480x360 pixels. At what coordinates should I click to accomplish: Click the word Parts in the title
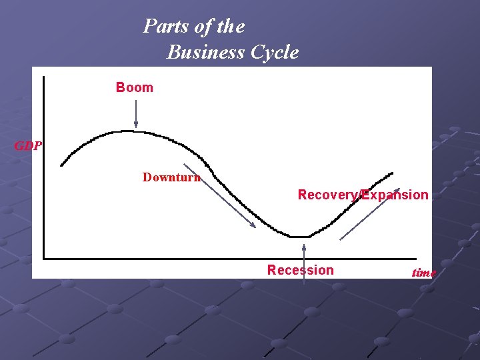[161, 27]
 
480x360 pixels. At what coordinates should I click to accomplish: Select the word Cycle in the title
[274, 52]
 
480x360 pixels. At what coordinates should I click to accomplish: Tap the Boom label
[134, 87]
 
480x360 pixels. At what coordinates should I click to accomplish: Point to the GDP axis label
[28, 146]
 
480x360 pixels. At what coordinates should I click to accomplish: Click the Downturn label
[171, 177]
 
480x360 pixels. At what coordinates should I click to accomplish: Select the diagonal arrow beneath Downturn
[219, 196]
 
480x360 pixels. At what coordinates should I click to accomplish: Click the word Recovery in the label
[327, 195]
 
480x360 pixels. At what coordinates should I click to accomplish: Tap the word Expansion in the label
[397, 195]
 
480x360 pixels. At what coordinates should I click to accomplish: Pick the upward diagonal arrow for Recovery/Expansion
[370, 214]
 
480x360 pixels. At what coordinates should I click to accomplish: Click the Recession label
[300, 270]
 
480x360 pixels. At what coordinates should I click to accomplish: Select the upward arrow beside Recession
[304, 263]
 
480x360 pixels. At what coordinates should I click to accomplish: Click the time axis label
[424, 273]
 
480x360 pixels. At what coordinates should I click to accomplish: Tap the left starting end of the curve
[62, 165]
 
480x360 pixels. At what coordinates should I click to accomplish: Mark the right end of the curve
[392, 173]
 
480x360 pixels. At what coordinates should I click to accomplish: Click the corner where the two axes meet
[43, 257]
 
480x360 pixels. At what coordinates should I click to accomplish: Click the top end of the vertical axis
[43, 77]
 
